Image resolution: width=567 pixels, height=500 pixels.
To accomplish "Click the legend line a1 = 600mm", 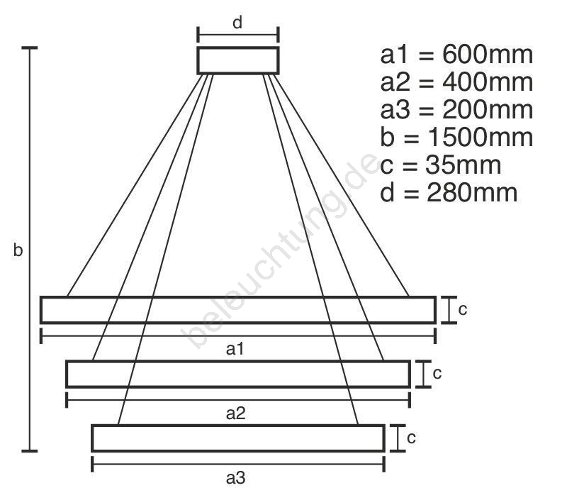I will (x=456, y=55).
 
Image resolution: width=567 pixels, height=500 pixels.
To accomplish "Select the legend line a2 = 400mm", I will (x=456, y=82).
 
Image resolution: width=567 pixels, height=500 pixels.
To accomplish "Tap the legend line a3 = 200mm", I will (x=456, y=110).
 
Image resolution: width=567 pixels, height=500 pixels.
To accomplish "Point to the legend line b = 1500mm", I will (x=456, y=137).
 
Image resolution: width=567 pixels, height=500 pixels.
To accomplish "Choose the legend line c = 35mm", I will (x=440, y=165).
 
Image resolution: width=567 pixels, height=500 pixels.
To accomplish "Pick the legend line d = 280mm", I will (x=448, y=192).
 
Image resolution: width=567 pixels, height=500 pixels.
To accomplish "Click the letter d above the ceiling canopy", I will (x=238, y=22).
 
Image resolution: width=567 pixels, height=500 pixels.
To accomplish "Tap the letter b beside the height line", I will (x=18, y=250).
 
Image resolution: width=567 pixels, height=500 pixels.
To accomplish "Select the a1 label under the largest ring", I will (x=236, y=349).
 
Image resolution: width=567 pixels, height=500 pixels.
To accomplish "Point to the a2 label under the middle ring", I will (x=236, y=413).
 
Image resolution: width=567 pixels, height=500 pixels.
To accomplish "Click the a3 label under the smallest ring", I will (x=236, y=478).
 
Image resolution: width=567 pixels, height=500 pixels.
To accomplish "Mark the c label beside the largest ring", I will (x=462, y=309).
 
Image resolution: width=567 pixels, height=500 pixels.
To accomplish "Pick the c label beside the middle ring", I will (x=437, y=373).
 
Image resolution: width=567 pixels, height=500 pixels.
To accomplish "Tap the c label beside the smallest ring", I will (x=411, y=438).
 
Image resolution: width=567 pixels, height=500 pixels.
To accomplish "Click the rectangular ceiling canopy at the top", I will (x=238, y=60).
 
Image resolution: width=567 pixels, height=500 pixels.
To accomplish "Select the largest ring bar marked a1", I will (x=238, y=310).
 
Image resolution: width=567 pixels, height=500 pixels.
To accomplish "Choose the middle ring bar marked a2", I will (x=238, y=374).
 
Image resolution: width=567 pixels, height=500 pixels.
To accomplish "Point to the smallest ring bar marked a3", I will (x=238, y=438).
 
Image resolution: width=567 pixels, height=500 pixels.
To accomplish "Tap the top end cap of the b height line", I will (x=30, y=48).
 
